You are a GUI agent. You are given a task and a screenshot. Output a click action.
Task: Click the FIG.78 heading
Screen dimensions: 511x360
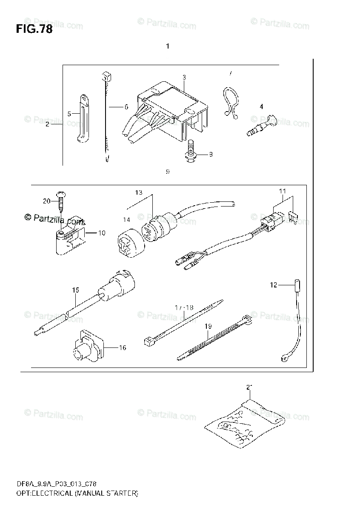click(34, 29)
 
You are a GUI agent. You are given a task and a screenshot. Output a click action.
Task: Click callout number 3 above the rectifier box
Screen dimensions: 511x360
click(184, 77)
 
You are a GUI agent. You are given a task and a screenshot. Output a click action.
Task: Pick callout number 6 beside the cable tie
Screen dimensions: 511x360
click(126, 107)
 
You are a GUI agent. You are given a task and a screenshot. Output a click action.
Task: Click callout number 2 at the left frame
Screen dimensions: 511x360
click(47, 124)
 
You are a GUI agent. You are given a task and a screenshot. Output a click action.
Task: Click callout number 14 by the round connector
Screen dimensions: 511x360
click(126, 220)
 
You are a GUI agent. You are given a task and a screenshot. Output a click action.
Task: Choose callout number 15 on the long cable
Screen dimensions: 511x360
click(75, 290)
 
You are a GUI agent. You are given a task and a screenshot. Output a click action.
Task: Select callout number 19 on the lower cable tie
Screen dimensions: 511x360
click(208, 326)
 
